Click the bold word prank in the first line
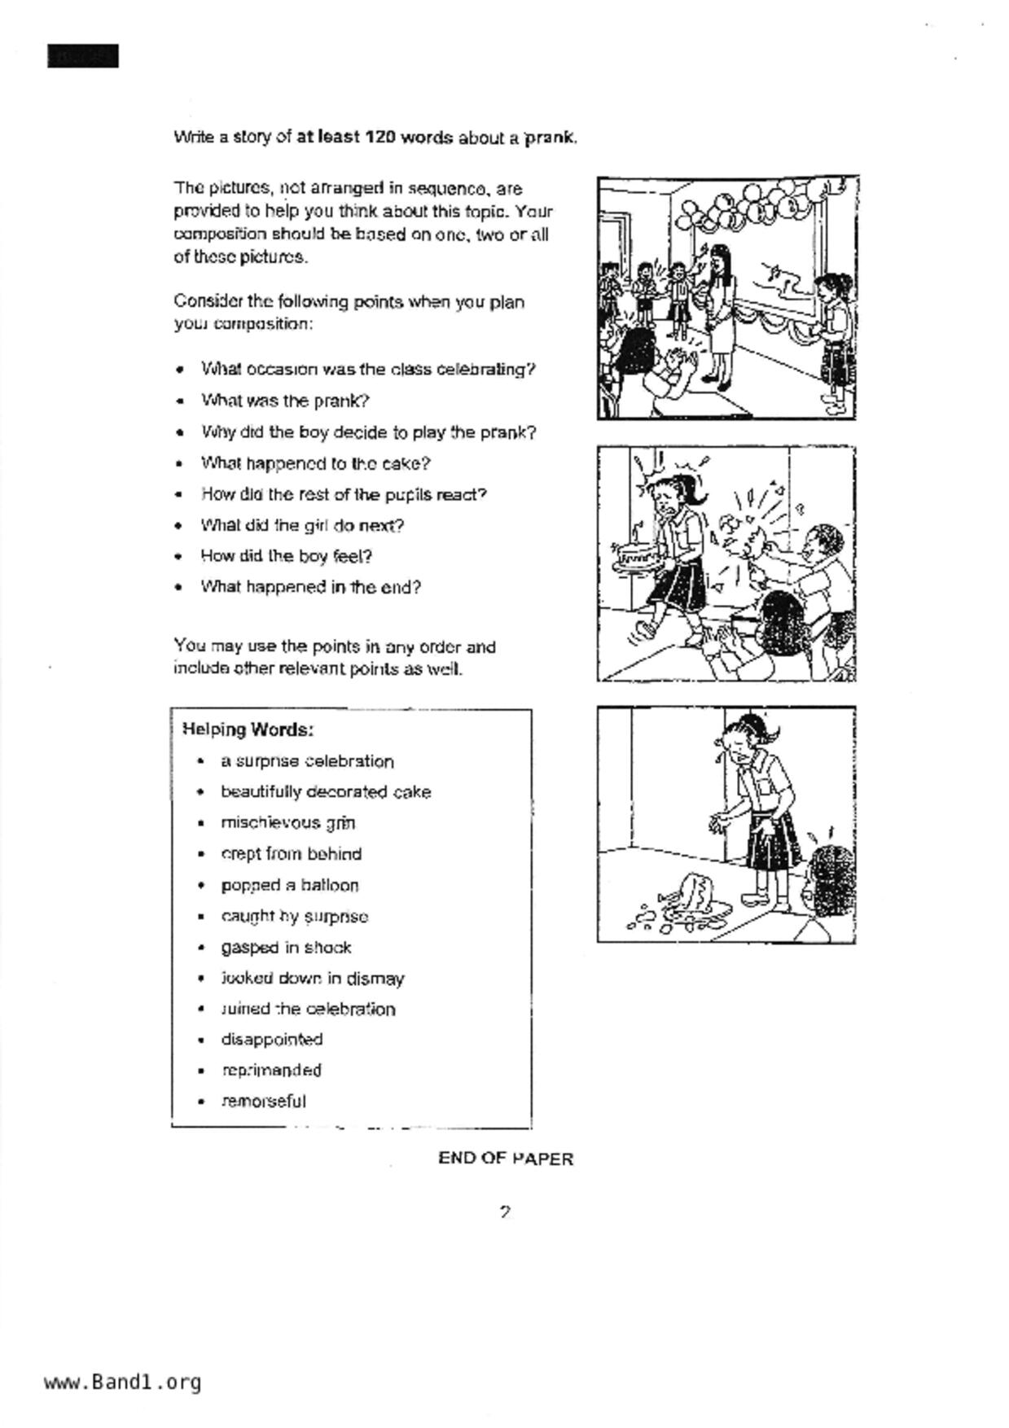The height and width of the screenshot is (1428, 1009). click(x=550, y=138)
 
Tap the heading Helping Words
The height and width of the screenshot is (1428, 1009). click(x=248, y=729)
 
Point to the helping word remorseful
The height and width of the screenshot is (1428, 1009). click(x=263, y=1102)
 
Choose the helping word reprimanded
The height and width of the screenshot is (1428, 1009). click(x=271, y=1071)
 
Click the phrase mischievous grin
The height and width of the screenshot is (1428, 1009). click(x=287, y=823)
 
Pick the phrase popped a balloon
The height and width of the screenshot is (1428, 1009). click(x=289, y=885)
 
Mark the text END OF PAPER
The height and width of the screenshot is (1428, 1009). click(x=505, y=1159)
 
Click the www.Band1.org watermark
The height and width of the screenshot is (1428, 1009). click(x=122, y=1382)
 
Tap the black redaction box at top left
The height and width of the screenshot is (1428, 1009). click(x=83, y=56)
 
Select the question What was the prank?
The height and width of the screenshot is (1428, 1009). click(x=285, y=401)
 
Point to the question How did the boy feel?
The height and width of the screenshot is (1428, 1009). click(x=286, y=557)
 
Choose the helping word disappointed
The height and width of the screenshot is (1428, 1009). click(x=271, y=1040)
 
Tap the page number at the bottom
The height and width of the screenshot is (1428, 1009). click(x=505, y=1212)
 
